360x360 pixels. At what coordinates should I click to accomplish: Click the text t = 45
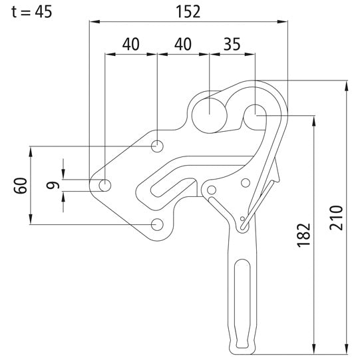29,11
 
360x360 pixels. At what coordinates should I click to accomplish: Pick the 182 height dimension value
303,234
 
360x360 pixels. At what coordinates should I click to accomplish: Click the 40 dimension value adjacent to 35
182,45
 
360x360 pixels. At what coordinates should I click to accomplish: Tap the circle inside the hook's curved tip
254,114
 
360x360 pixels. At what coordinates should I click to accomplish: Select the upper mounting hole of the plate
157,145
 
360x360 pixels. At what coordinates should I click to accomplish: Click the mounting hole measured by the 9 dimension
105,185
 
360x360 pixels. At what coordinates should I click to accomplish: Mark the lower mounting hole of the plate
157,224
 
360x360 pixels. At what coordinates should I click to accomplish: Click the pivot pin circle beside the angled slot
212,192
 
